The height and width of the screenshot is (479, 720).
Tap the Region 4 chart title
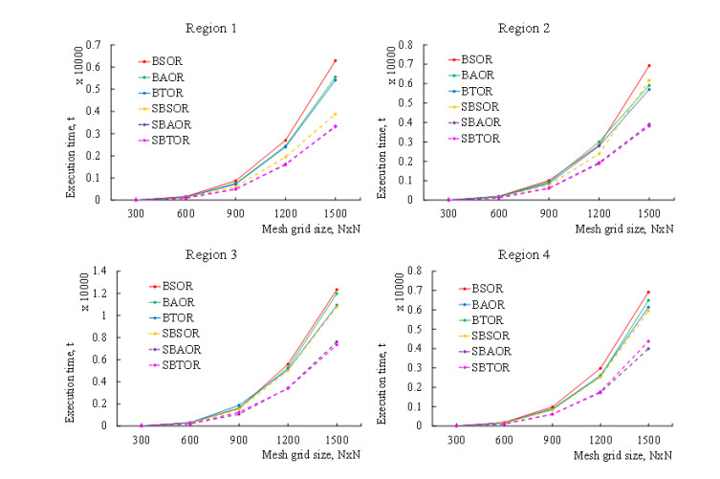coord(546,255)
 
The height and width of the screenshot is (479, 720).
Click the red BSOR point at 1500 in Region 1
coord(335,61)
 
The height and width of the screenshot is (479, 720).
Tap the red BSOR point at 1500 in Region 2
coord(649,66)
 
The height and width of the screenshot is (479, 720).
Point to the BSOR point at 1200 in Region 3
coord(286,364)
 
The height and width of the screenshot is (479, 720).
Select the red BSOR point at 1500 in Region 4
coord(649,292)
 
